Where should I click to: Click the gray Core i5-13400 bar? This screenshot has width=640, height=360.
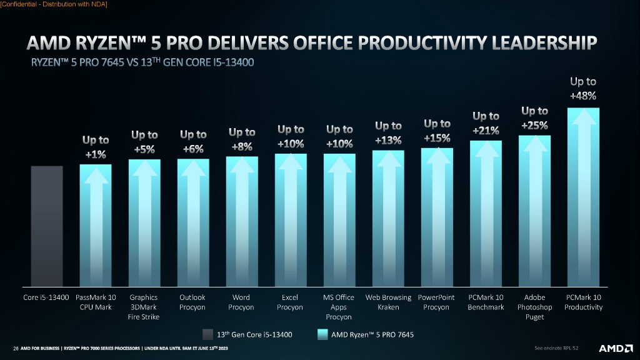pos(47,225)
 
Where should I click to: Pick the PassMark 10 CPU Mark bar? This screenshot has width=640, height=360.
pos(96,225)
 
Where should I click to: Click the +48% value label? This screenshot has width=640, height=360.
pos(582,96)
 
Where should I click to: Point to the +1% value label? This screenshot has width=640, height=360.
pos(96,154)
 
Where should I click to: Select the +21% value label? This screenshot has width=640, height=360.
pos(486,131)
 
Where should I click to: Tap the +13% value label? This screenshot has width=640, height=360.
pos(388,141)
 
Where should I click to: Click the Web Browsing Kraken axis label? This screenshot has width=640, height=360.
pos(388,302)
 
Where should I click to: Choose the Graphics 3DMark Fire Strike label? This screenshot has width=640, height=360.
pos(144,307)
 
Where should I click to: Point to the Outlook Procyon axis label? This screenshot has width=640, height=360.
pos(192,302)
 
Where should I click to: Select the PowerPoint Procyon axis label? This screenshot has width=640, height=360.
pos(436,302)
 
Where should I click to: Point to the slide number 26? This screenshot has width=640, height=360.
pos(16,348)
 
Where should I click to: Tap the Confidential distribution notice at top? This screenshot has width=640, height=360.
pos(54,4)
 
